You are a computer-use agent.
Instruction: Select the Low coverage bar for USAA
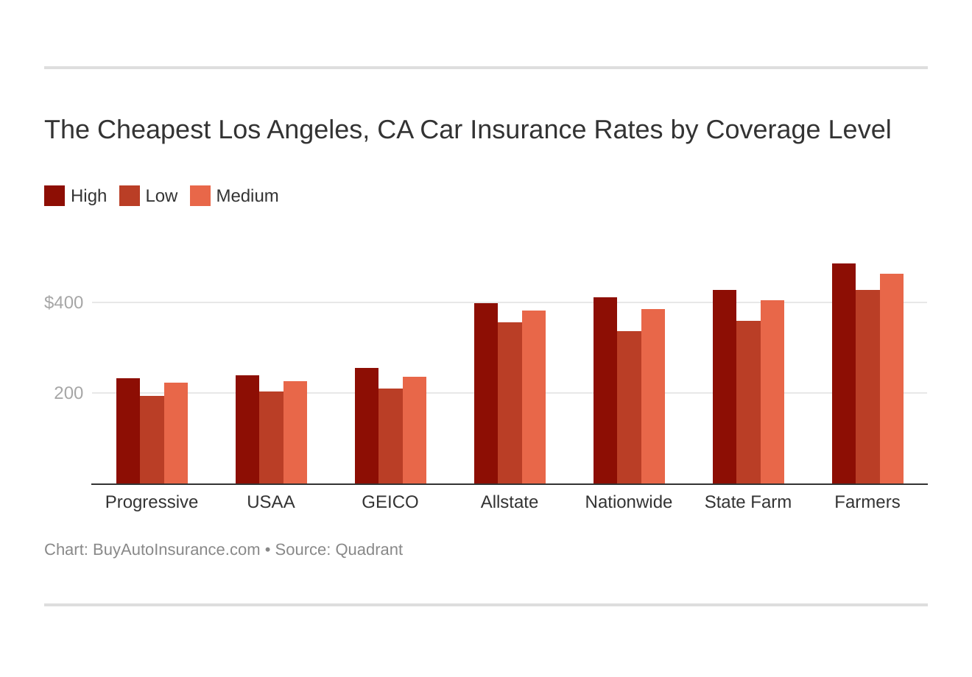point(271,437)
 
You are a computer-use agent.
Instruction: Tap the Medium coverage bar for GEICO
point(415,430)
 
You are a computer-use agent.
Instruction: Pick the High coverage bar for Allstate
point(486,393)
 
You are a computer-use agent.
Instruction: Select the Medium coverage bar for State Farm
point(772,391)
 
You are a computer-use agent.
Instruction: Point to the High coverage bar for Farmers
point(844,373)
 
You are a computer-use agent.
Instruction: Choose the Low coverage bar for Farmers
point(867,386)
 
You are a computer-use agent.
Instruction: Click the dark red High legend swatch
point(54,196)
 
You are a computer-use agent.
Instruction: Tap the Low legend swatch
point(130,196)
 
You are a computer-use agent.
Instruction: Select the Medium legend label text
point(247,196)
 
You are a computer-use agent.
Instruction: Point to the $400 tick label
point(64,302)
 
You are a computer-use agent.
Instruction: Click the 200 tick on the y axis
point(68,393)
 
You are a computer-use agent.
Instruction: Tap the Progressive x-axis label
point(152,502)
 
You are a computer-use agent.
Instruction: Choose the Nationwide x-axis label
point(629,502)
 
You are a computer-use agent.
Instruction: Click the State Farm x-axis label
point(748,502)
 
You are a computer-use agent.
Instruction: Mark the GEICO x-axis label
point(390,502)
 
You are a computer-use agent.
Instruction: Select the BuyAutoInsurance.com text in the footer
point(176,550)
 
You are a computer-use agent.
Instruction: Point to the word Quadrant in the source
point(369,550)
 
